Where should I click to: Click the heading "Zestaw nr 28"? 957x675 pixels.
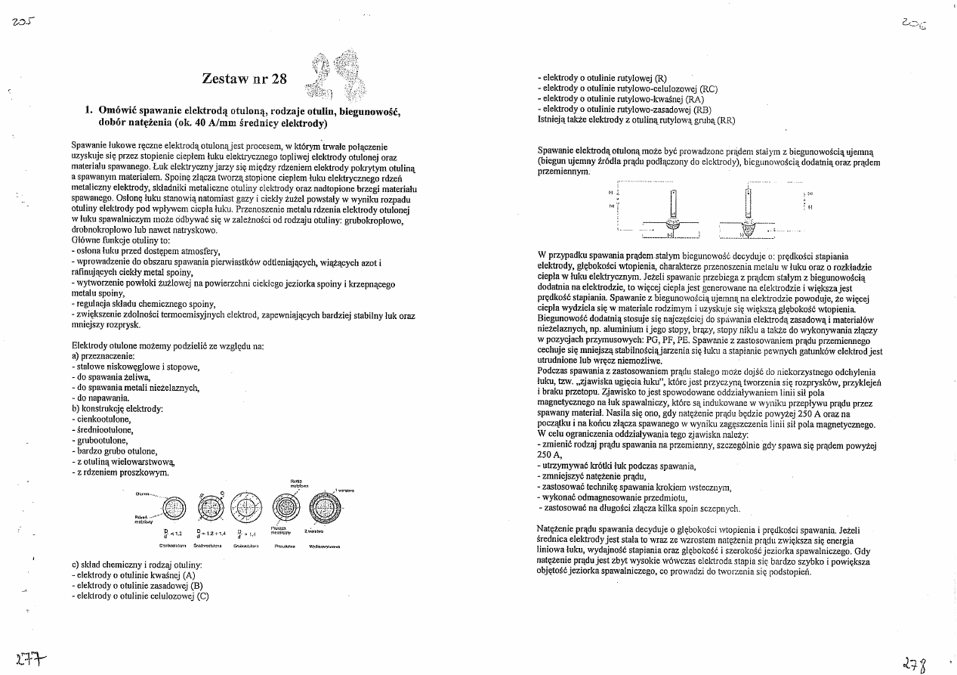(x=245, y=79)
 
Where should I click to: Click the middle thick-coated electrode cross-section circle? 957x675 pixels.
(x=245, y=506)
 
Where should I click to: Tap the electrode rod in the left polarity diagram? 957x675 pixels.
(x=670, y=202)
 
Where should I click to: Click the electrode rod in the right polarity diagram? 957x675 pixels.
(x=748, y=202)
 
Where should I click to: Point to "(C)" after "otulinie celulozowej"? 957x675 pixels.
(x=202, y=596)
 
